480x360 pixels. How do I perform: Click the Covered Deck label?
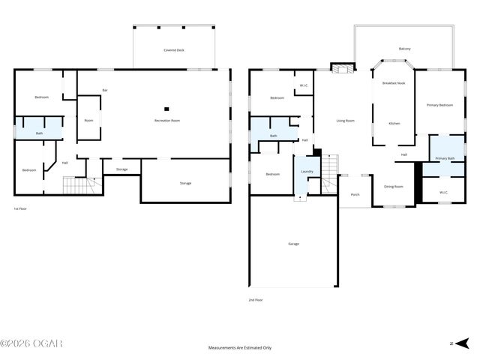(x=174, y=50)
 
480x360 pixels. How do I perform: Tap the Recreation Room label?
(x=167, y=120)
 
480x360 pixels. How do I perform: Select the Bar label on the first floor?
(x=104, y=91)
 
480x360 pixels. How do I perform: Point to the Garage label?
(x=293, y=244)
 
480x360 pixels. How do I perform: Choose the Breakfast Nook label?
(x=394, y=83)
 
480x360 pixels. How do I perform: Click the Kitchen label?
(x=394, y=123)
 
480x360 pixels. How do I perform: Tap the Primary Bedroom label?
(x=439, y=105)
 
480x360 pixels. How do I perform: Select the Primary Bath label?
(x=445, y=158)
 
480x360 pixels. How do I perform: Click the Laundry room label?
(x=307, y=172)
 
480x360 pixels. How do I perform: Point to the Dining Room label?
(x=394, y=186)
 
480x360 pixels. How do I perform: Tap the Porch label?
(x=355, y=195)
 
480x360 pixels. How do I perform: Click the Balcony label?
(x=404, y=49)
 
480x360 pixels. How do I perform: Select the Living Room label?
(x=345, y=120)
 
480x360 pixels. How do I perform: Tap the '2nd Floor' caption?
(x=256, y=299)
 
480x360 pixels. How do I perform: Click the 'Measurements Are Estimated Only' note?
(x=240, y=348)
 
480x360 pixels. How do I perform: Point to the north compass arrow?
(x=463, y=343)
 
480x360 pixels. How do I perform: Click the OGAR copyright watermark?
(x=31, y=343)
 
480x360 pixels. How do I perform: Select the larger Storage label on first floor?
(x=184, y=183)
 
